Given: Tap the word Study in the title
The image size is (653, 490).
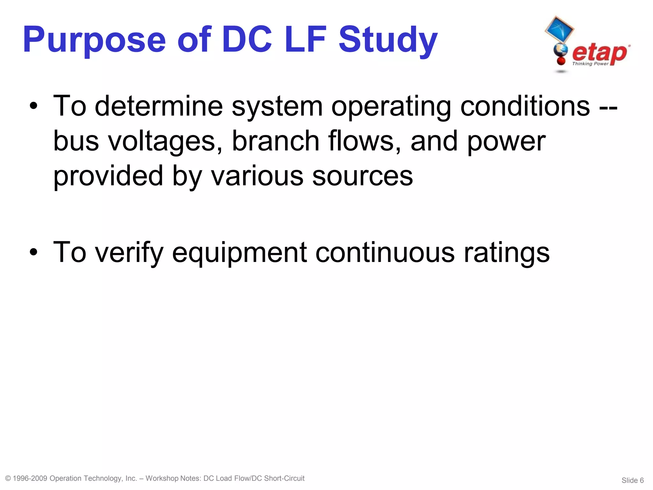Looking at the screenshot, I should click(x=388, y=41).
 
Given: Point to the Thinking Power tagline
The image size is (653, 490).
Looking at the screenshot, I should click(x=590, y=64).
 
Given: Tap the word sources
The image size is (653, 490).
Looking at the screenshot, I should click(x=363, y=176).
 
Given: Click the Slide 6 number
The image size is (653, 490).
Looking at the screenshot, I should click(x=633, y=480).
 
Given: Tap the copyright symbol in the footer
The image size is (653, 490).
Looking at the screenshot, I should click(x=8, y=479).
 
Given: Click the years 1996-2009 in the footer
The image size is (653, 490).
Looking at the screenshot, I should click(x=30, y=479).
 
